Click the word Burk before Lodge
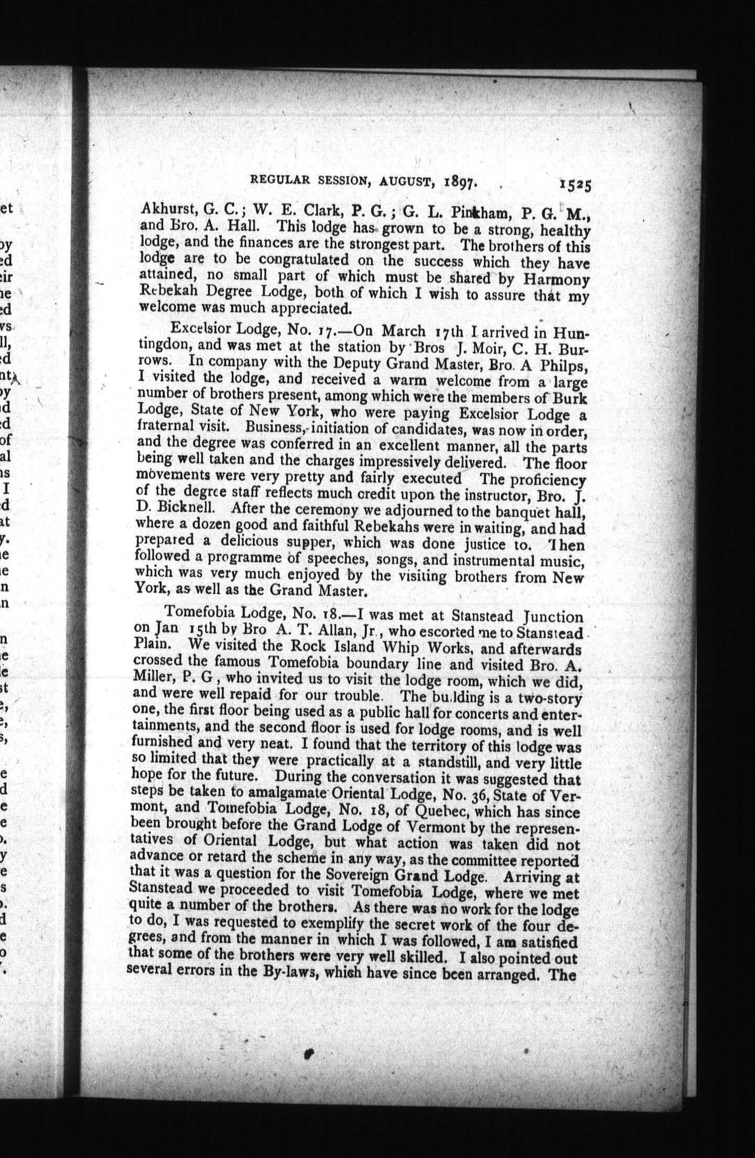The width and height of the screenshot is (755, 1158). coord(571,399)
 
